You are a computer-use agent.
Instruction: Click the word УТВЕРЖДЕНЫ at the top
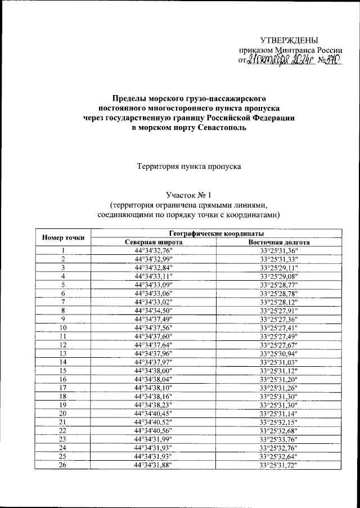(289, 39)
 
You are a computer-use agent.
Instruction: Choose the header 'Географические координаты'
(217, 233)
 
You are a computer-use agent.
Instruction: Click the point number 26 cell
(64, 465)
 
